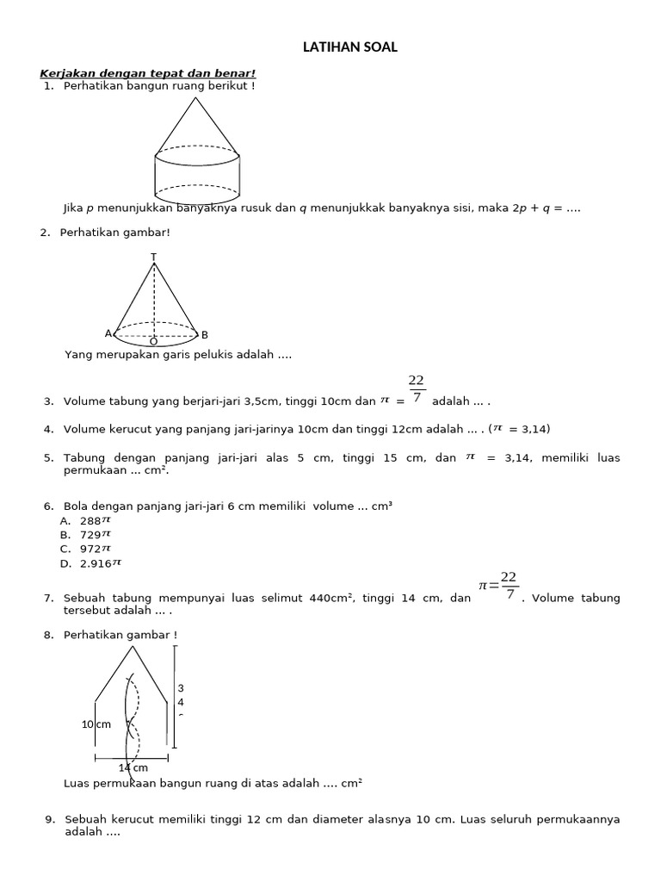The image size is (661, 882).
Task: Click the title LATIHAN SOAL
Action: point(350,48)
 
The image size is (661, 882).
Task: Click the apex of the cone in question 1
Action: point(197,98)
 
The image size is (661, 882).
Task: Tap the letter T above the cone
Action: point(154,257)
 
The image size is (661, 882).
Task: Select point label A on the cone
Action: point(108,333)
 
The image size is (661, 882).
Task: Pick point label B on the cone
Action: point(205,334)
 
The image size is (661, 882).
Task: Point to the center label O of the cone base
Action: point(154,342)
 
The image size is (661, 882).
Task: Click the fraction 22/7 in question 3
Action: point(417,389)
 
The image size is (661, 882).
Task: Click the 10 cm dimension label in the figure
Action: point(96,724)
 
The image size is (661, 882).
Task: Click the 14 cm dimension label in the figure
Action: point(133,767)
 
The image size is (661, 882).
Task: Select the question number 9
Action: point(49,819)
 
